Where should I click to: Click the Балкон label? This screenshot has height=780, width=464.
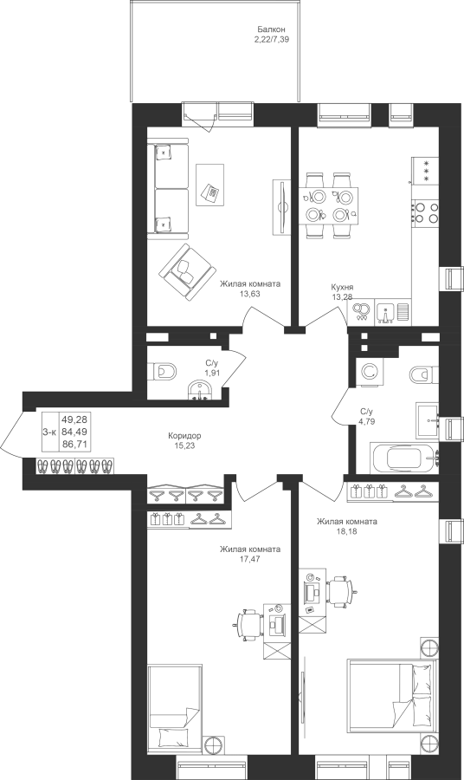[271, 29]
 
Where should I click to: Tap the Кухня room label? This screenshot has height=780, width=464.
[342, 288]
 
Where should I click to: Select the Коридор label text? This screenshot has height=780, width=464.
[184, 436]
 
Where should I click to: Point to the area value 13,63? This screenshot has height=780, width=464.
[250, 294]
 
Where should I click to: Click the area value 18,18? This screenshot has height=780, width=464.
[347, 531]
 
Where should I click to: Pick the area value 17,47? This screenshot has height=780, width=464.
[250, 559]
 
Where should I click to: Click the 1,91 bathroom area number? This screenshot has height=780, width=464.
[213, 373]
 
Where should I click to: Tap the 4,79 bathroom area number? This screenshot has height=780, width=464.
[366, 421]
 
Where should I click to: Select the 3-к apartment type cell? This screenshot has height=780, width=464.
[49, 432]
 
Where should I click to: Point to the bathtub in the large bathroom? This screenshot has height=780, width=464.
[404, 458]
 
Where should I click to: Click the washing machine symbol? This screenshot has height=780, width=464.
[368, 372]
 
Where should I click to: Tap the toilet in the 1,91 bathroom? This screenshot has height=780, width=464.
[162, 370]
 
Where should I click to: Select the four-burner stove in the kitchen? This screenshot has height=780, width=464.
[425, 211]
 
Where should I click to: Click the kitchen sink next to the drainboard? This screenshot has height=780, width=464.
[386, 312]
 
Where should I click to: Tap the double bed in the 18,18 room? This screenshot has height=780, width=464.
[392, 695]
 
